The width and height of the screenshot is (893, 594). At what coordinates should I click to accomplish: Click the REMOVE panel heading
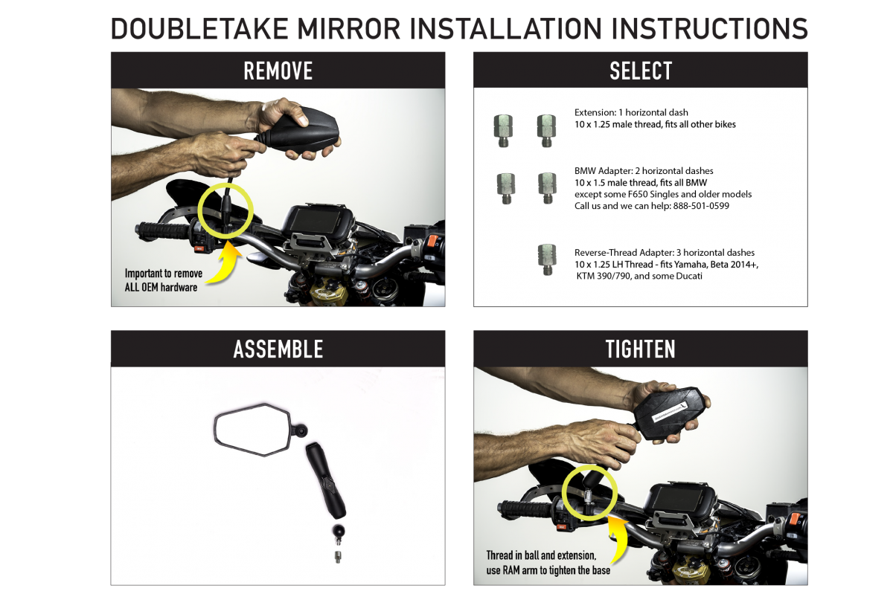pos(278,71)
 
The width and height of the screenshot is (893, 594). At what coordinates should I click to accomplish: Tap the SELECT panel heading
pos(641,71)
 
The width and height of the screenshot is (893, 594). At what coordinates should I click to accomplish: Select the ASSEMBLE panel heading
pos(278,349)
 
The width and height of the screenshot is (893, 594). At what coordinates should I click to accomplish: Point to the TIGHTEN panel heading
pos(640,349)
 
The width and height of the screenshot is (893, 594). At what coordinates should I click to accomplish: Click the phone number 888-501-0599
pos(701,206)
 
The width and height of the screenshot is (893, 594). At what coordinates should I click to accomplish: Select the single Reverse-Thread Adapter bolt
pos(547,259)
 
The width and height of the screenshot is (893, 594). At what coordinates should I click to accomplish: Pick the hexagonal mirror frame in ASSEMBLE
pos(252,430)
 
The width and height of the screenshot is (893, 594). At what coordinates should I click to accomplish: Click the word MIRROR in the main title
pos(349,29)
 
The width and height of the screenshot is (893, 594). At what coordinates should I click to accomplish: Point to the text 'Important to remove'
pos(164,274)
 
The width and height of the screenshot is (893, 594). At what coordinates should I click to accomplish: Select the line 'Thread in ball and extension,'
pos(541,555)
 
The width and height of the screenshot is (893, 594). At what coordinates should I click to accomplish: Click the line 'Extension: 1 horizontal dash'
pos(631,113)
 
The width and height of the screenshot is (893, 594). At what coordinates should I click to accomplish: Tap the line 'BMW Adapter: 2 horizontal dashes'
pos(644,171)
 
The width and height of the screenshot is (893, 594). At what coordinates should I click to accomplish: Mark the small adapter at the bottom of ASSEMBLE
pos(338,557)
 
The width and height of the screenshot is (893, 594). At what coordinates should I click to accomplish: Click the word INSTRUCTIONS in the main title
pos(710,29)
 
